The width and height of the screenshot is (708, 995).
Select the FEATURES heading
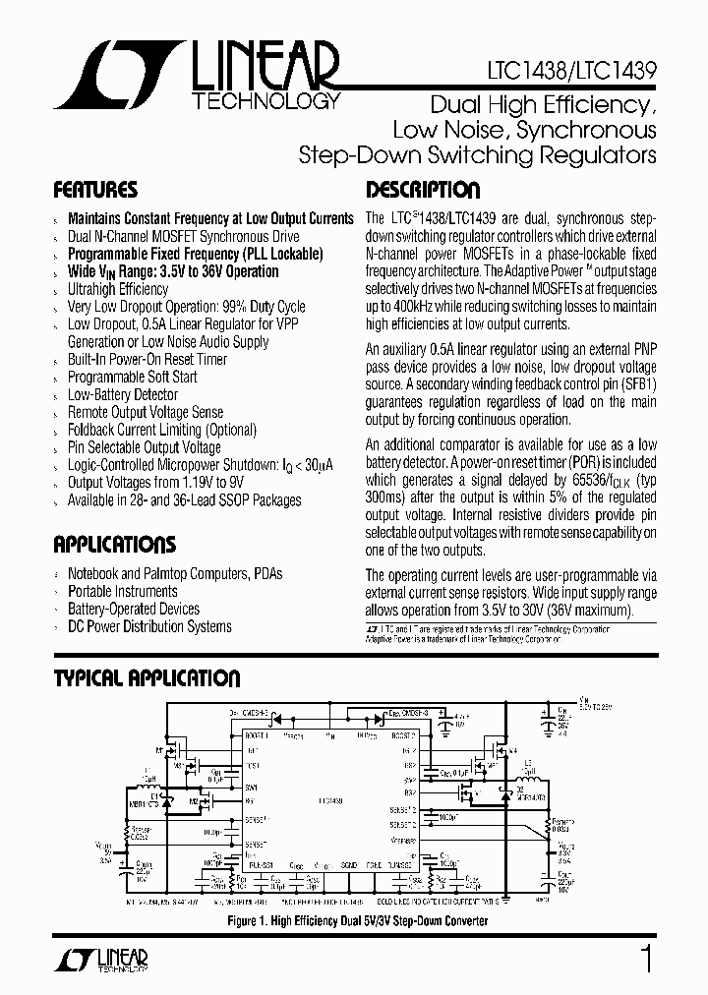click(95, 190)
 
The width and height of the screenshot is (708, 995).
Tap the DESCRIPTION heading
click(423, 190)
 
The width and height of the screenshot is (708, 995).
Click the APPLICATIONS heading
click(114, 545)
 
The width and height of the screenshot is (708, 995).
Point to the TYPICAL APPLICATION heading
click(147, 678)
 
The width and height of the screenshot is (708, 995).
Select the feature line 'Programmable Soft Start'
click(132, 377)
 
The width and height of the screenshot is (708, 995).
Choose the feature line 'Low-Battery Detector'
click(123, 394)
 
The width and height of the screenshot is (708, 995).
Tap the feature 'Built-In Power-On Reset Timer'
click(147, 359)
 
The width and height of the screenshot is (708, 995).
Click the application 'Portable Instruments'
click(122, 591)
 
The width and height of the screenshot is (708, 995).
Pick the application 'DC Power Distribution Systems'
click(149, 626)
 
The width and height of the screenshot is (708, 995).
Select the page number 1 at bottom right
click(646, 958)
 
